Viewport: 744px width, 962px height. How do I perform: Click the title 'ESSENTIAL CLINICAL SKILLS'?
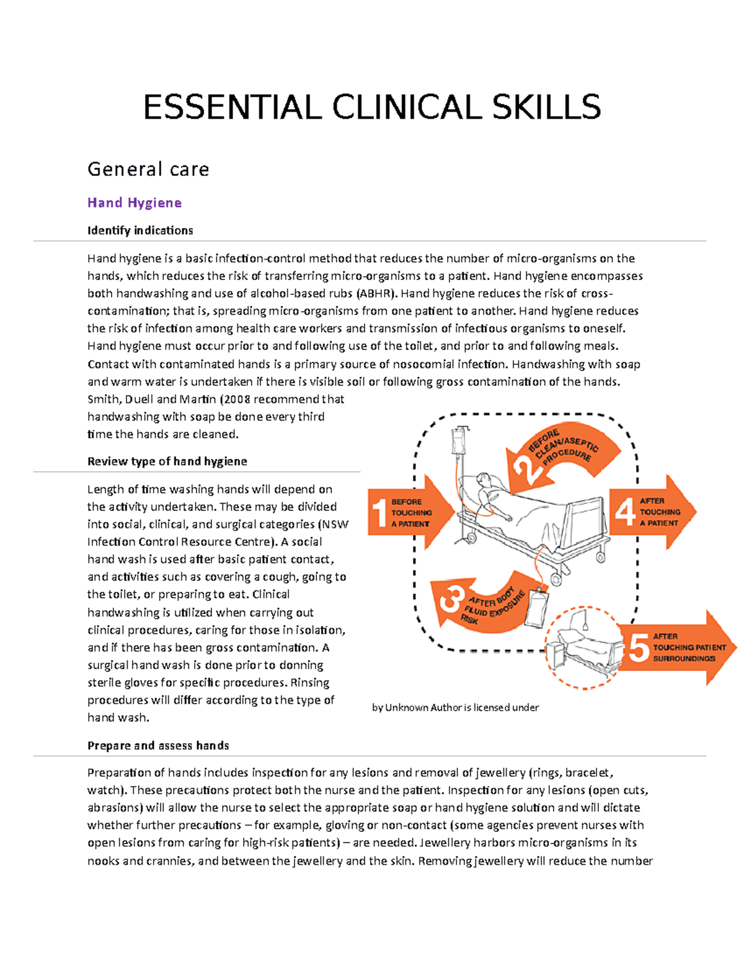372,107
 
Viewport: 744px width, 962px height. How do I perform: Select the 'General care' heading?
148,169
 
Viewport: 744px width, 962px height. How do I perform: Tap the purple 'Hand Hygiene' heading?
135,203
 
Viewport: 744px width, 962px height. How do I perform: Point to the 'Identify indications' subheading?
140,230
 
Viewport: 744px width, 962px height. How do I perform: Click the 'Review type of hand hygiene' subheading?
167,461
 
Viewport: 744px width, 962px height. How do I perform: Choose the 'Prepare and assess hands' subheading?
158,745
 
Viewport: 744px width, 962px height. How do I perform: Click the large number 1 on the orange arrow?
380,513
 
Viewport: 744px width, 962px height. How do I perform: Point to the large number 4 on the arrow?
625,512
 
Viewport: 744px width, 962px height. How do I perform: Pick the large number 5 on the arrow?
639,647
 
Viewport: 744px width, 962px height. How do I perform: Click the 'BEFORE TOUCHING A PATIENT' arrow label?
411,513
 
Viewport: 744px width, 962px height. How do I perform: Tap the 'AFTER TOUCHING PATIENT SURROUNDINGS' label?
688,647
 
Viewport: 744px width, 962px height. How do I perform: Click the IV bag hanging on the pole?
458,441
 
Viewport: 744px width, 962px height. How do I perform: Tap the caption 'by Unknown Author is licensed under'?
455,707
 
